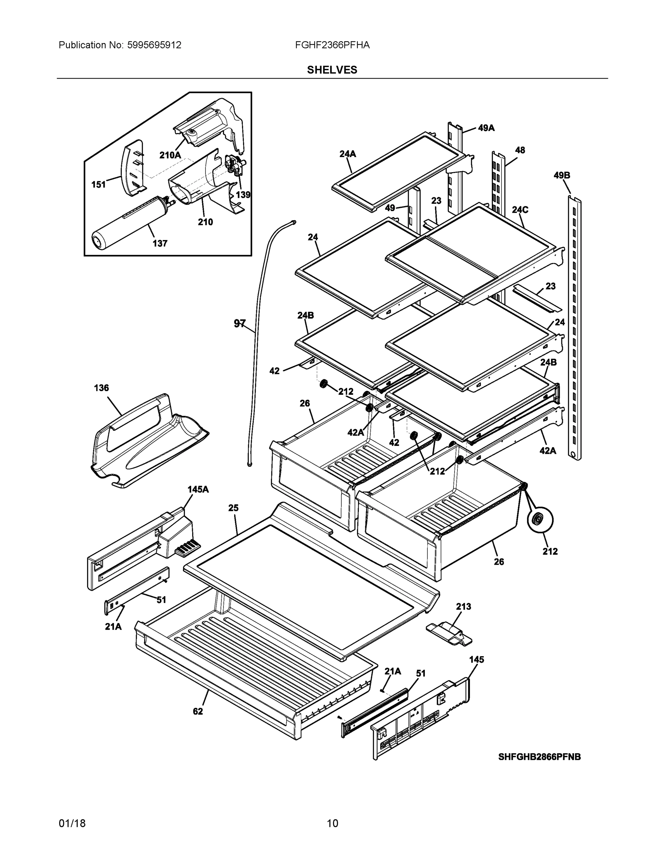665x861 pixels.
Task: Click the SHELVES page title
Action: [332, 70]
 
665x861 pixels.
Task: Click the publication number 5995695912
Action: [154, 45]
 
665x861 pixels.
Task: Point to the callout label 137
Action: [160, 244]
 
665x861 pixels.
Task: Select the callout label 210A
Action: [170, 155]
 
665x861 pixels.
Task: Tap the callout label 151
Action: [99, 184]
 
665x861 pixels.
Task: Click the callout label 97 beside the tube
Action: [239, 324]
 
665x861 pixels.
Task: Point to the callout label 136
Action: [101, 388]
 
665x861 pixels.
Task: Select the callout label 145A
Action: [198, 490]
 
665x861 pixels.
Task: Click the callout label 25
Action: [233, 508]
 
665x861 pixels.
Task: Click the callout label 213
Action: [463, 607]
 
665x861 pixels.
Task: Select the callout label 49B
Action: [562, 175]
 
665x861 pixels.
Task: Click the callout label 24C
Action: [520, 210]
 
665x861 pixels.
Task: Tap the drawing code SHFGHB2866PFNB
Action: [539, 757]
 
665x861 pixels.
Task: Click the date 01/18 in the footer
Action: [72, 824]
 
